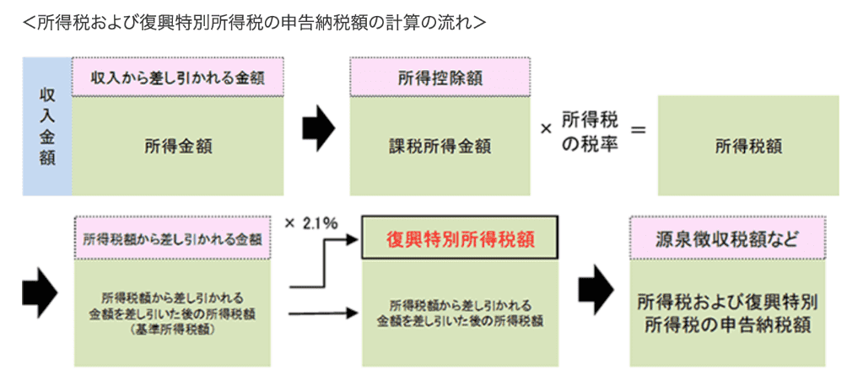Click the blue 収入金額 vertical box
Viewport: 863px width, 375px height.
47,126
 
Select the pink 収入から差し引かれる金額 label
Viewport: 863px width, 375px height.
178,78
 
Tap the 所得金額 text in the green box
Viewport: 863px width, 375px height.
178,146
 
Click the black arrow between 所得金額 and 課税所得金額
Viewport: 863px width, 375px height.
319,128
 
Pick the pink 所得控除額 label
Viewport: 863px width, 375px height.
439,78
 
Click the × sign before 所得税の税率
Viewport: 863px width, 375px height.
546,129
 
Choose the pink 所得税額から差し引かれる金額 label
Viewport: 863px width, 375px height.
172,239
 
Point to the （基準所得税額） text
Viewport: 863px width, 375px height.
172,331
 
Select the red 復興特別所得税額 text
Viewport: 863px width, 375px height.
460,239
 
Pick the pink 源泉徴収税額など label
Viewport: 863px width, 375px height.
726,239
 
